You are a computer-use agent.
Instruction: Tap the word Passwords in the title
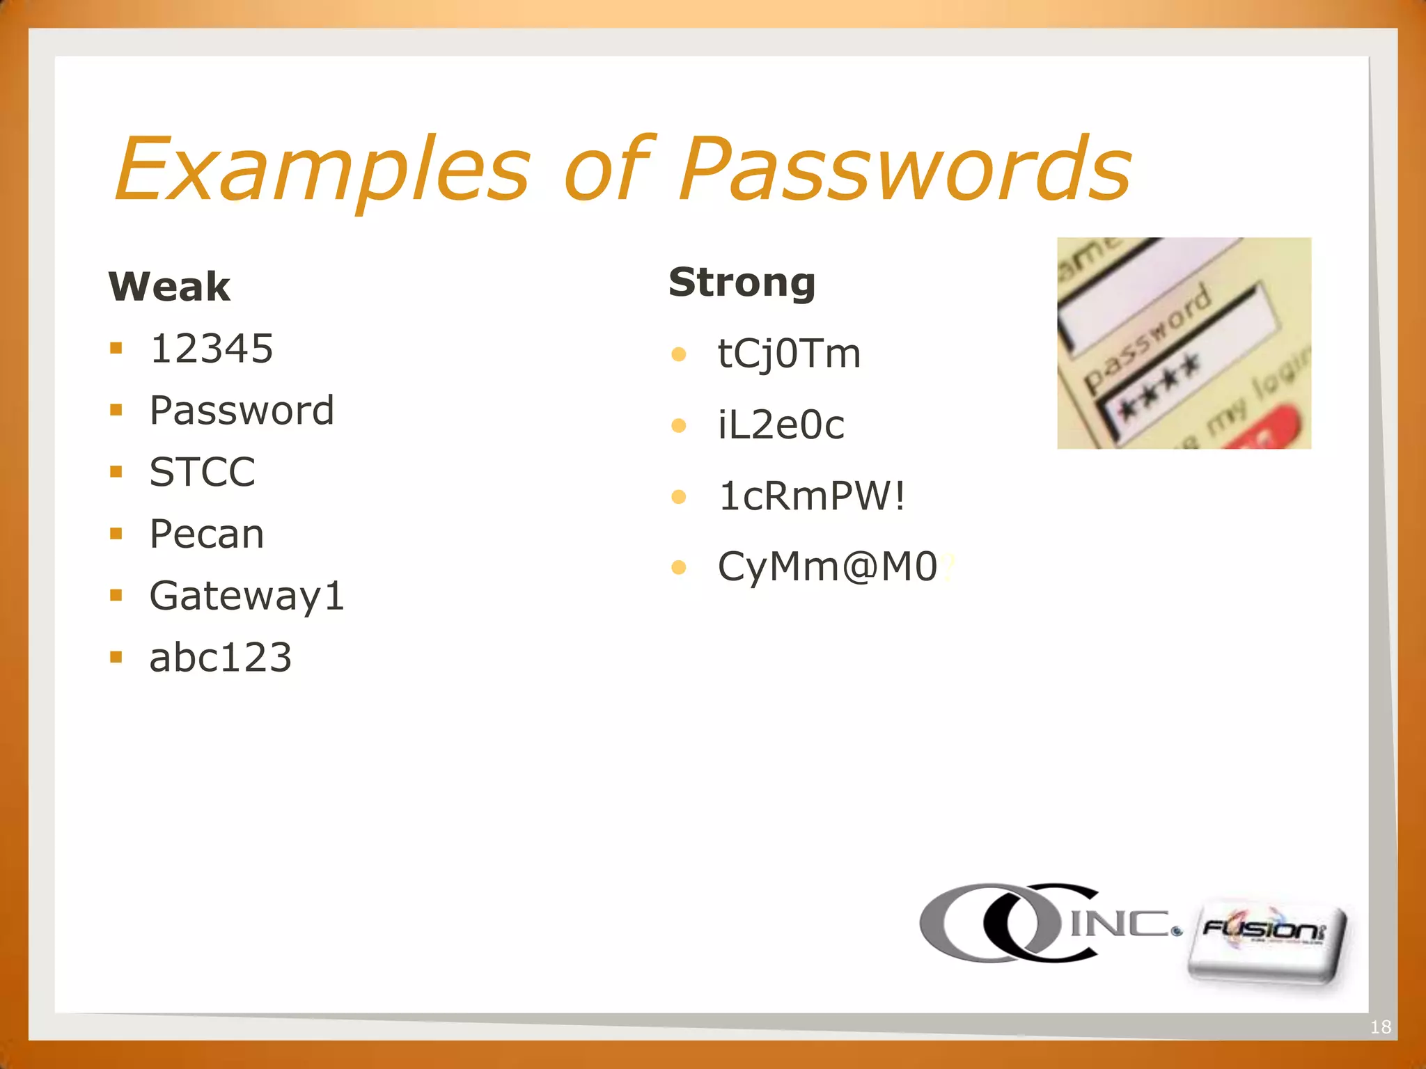[x=905, y=169]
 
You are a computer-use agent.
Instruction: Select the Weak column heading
[x=169, y=286]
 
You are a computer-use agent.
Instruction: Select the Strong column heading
[x=742, y=282]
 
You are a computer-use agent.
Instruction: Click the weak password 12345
[x=212, y=348]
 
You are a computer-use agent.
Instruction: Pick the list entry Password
[x=242, y=410]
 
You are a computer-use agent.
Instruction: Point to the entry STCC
[x=203, y=472]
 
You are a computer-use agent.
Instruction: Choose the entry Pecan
[x=207, y=534]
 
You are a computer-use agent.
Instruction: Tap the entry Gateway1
[x=247, y=596]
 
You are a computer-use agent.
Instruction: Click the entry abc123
[x=220, y=658]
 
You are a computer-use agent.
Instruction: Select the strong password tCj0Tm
[x=789, y=354]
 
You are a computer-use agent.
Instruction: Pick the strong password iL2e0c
[x=781, y=425]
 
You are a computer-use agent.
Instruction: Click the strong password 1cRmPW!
[x=812, y=496]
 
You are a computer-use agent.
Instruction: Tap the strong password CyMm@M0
[x=828, y=567]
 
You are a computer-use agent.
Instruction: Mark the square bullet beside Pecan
[x=116, y=534]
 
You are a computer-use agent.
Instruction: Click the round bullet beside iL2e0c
[x=679, y=425]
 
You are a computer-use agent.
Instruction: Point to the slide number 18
[x=1380, y=1027]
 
